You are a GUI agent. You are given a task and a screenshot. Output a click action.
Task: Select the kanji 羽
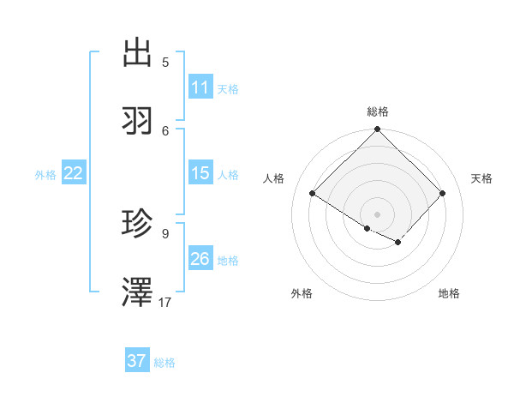point(138,121)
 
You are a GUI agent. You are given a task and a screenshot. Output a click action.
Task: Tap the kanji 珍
point(138,224)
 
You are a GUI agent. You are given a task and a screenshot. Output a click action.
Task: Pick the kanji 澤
point(138,293)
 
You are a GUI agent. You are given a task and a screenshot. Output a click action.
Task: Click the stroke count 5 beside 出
point(165,62)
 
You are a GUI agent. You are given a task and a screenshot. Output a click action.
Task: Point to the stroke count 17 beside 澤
point(166,303)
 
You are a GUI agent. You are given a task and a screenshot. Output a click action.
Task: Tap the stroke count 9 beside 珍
point(165,233)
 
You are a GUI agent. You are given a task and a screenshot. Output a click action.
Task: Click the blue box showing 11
point(200,87)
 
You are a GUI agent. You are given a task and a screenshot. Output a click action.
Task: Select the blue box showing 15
point(200,173)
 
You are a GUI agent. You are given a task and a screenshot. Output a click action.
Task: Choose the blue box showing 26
point(200,259)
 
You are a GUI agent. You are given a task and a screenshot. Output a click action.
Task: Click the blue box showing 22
point(74,173)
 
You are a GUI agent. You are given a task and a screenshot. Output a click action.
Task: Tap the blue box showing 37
point(137,361)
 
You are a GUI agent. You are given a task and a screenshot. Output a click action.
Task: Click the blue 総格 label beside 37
point(164,363)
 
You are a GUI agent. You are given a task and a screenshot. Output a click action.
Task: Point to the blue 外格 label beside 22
point(45,175)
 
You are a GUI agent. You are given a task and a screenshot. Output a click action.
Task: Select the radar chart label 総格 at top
point(378,111)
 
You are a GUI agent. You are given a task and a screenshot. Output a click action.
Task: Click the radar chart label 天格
point(481,178)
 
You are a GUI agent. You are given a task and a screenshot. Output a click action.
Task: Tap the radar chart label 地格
point(449,294)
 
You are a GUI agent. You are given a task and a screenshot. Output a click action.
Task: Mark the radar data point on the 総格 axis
point(378,130)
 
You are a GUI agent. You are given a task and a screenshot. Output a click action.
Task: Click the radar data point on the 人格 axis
point(313,194)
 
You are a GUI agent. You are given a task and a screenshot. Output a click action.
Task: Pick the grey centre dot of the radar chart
point(378,214)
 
